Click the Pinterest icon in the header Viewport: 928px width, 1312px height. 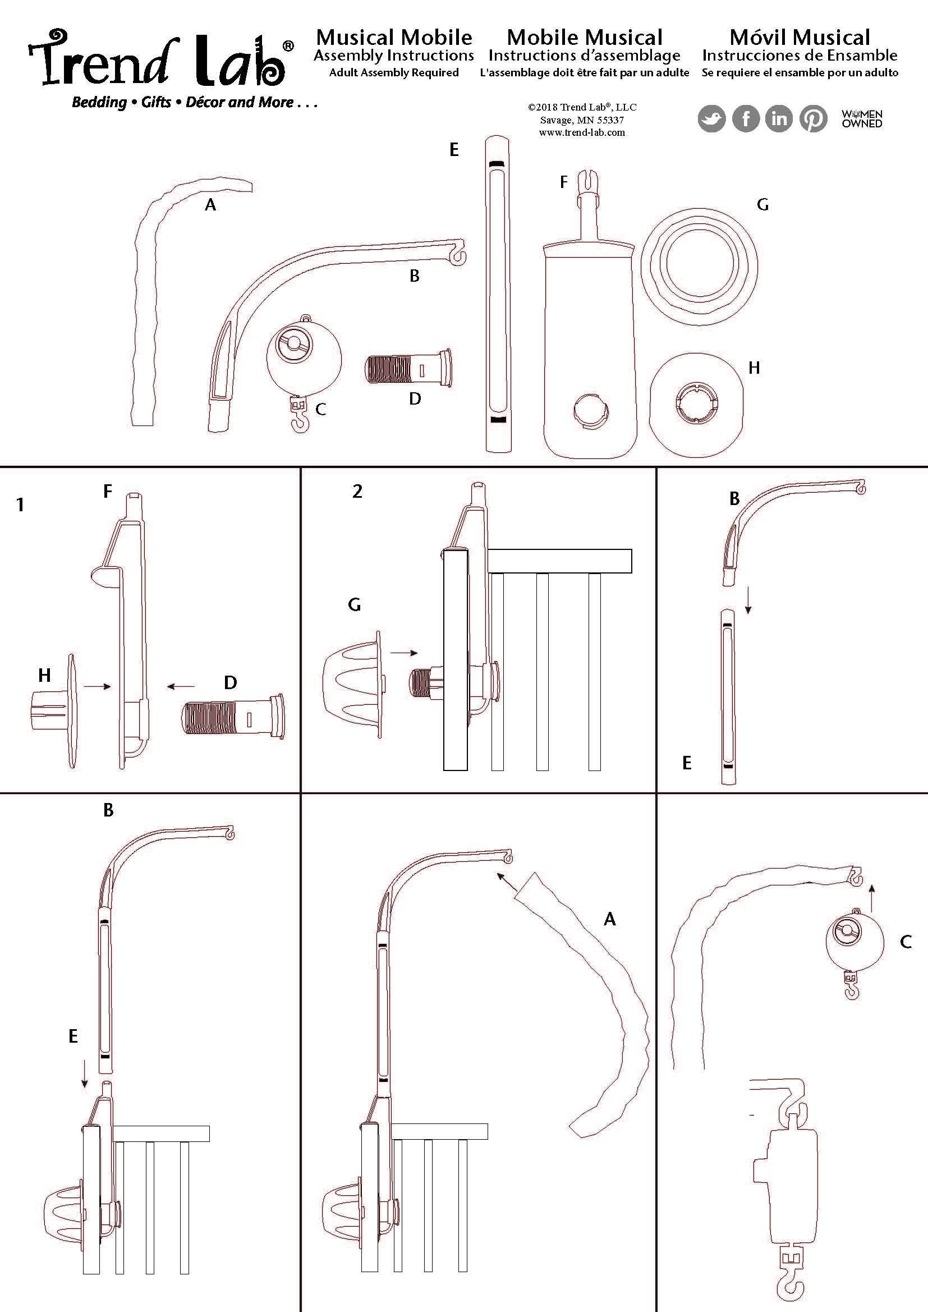(813, 119)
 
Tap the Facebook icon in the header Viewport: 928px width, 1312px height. (746, 119)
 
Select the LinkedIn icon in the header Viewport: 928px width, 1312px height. (779, 119)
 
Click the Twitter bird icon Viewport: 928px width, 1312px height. (711, 119)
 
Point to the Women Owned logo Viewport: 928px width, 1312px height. (862, 118)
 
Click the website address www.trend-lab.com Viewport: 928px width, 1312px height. (582, 132)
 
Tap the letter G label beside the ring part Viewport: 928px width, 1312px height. (762, 205)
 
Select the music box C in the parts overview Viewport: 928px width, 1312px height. (304, 360)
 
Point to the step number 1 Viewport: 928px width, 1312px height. (21, 504)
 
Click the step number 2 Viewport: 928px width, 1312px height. (358, 492)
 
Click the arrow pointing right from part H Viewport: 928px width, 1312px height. (97, 686)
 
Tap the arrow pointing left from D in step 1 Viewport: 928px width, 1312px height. (181, 686)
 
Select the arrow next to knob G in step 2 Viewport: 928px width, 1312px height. (404, 653)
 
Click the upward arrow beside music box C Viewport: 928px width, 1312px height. (871, 896)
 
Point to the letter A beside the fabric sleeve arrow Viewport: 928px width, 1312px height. (610, 919)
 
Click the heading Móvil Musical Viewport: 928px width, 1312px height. (800, 38)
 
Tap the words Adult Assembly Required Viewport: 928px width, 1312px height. (394, 72)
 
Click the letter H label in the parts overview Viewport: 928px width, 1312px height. (754, 368)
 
